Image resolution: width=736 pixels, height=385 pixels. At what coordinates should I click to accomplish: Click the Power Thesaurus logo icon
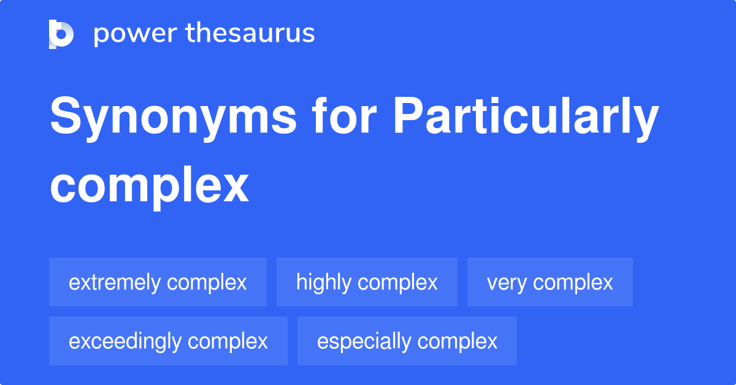[x=61, y=34]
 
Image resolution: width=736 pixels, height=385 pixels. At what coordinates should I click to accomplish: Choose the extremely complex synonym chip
[x=158, y=282]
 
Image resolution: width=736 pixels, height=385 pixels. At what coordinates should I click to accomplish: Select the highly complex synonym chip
[x=367, y=282]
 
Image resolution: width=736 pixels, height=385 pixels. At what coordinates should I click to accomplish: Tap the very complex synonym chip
[x=550, y=282]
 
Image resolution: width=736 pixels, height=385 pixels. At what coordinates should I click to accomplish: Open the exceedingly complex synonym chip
[x=168, y=341]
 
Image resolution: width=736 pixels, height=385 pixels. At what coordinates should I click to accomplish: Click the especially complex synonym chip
[x=407, y=341]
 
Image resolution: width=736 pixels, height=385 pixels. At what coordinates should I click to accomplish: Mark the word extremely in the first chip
[x=115, y=283]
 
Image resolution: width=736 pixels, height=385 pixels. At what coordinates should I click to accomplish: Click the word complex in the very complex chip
[x=573, y=283]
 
